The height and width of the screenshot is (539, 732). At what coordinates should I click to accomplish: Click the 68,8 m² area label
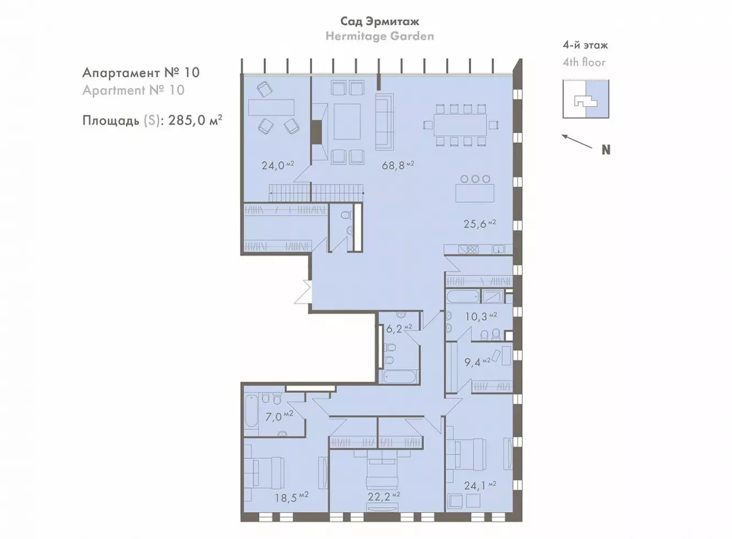tap(398, 165)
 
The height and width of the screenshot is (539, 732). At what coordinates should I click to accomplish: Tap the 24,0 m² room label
tap(278, 165)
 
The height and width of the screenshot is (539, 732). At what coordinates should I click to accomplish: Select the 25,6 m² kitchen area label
tap(479, 224)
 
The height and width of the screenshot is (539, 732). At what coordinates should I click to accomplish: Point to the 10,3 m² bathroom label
tap(481, 316)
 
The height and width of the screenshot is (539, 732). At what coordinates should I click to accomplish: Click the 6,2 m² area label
tap(399, 328)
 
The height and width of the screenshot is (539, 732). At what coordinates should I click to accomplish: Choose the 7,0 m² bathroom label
tap(279, 416)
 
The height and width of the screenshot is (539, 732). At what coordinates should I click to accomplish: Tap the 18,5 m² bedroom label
tap(291, 497)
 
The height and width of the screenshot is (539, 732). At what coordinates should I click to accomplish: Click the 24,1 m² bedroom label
tap(480, 485)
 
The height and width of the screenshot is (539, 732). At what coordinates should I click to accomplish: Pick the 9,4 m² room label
tap(478, 362)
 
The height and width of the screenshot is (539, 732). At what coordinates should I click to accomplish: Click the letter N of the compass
tap(606, 150)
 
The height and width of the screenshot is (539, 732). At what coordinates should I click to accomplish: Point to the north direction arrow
tap(577, 141)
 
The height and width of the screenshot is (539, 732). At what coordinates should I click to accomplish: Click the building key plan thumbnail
tap(586, 99)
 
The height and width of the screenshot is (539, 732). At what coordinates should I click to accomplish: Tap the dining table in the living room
tap(460, 125)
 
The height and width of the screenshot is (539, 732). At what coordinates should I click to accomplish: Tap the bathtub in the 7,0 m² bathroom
tap(251, 411)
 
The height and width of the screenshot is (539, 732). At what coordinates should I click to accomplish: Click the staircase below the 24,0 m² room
tap(317, 193)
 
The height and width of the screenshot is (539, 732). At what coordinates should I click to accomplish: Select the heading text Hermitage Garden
tap(380, 36)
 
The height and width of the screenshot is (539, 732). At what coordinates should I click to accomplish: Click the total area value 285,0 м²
tap(196, 120)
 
